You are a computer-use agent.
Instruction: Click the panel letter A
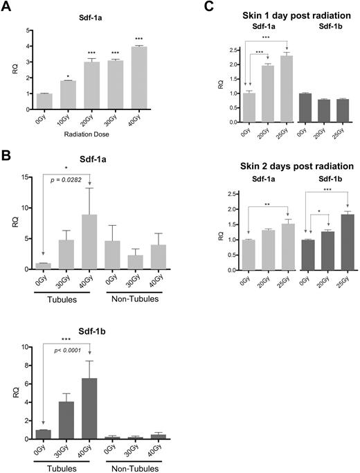pos(7,8)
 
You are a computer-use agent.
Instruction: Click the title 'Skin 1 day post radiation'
pos(276,15)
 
